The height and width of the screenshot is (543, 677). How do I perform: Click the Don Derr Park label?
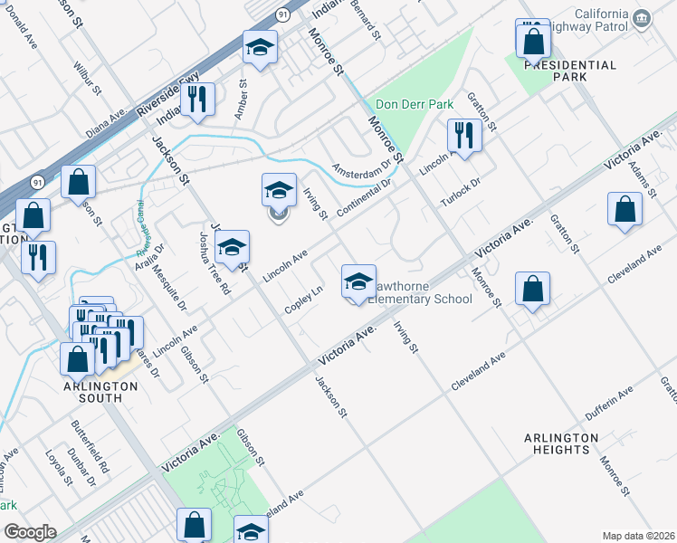coord(414,105)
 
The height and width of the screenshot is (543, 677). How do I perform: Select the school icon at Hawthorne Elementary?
coord(358,282)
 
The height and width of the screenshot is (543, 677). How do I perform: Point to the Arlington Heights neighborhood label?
coord(561,443)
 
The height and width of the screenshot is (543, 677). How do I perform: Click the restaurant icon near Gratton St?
coord(464,136)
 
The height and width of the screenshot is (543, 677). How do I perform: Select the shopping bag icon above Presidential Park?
coord(534,41)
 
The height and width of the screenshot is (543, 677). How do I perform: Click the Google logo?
coord(29,532)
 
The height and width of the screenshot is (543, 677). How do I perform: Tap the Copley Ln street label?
coord(304,297)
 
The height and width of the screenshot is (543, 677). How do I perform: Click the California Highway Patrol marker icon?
coord(642,18)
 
